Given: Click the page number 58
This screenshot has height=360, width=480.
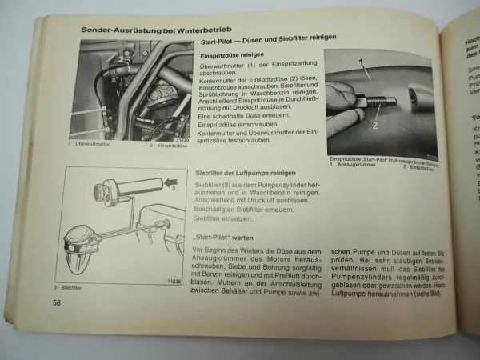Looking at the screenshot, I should pos(57,303).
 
